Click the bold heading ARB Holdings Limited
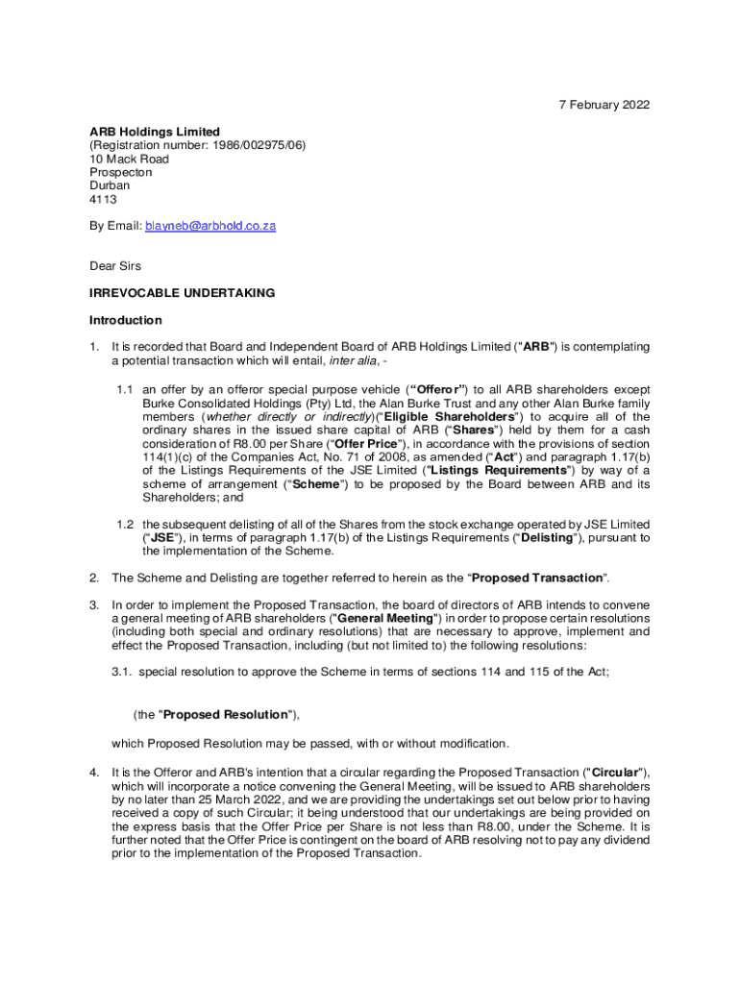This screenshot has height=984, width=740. (x=155, y=132)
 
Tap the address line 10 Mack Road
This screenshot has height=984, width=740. (x=129, y=159)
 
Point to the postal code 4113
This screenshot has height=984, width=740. (x=103, y=199)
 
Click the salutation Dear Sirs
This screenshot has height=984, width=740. (x=115, y=266)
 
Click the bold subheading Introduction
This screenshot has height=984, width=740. (x=126, y=320)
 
